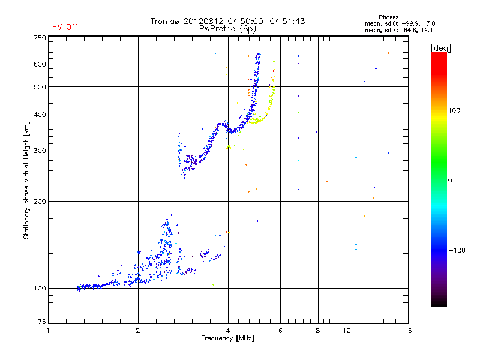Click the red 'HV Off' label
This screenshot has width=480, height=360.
(64, 27)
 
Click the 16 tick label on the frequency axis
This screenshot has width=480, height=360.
(407, 331)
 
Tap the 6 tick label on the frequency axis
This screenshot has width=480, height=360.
(280, 331)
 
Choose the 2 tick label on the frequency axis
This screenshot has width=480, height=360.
(138, 331)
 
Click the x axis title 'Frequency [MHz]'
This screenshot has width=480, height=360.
(228, 339)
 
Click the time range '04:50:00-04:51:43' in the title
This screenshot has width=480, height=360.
(265, 21)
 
